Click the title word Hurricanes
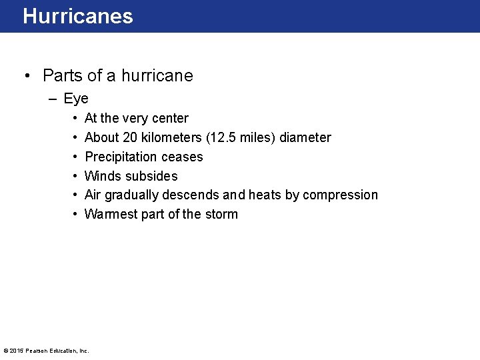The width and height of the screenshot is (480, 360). pos(77,16)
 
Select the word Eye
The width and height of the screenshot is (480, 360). pos(76,99)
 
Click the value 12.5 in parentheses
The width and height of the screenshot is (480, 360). pos(223,138)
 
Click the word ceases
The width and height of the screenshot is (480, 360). pos(185,157)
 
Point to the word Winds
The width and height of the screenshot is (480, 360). pos(103,177)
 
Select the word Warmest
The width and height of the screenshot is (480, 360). pos(111,215)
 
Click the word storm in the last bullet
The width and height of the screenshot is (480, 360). pos(221,215)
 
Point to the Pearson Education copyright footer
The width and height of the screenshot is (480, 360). pos(46,351)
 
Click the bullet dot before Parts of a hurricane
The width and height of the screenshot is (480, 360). pos(26,76)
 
